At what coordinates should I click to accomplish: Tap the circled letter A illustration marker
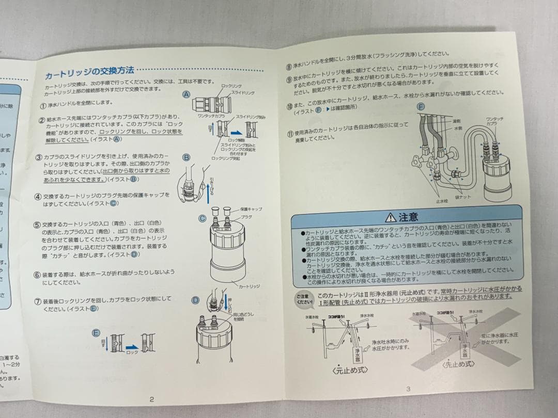pos(186,95)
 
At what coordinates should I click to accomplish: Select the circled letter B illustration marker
pos(186,157)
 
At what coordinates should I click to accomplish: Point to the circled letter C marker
pos(203,218)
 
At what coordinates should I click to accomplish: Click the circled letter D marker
pos(195,300)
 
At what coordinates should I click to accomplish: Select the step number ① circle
pos(43,104)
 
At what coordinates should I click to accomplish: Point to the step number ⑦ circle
pos(38,300)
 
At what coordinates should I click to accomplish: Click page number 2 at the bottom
pos(151,398)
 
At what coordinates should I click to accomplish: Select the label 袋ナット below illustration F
pos(461,197)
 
